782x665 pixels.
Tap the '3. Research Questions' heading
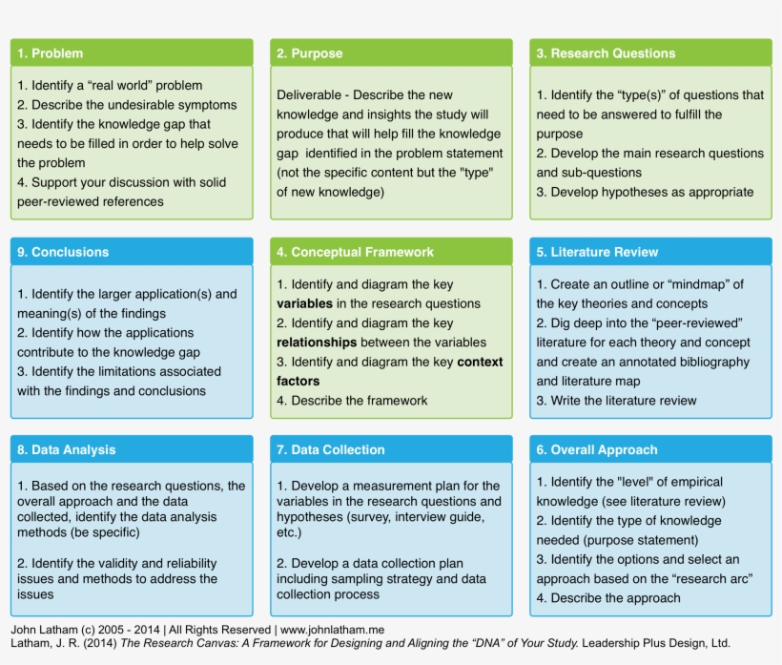coord(606,53)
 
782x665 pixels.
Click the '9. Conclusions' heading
coord(63,252)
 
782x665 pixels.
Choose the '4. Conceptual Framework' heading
coord(355,252)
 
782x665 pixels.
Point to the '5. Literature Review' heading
coord(597,252)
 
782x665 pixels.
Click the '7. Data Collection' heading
coord(331,449)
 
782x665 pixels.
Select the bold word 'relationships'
coord(317,343)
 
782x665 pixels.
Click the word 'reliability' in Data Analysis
coord(183,564)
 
